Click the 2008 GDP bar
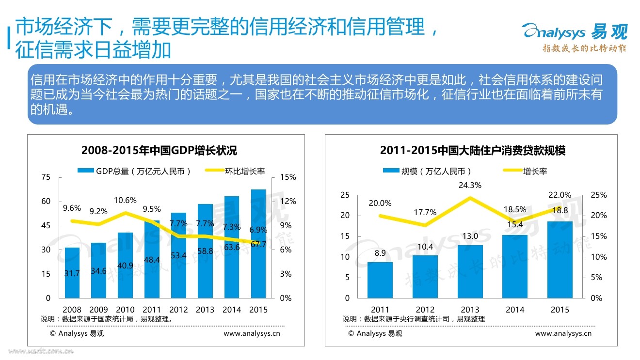72,273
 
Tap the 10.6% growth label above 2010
125,200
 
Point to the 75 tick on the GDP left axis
46,177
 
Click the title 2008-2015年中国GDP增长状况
160,150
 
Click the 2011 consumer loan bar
380,280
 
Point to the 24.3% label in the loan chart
470,185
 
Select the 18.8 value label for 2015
561,211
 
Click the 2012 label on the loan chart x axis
425,310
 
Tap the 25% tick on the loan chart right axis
599,195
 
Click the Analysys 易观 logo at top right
575,36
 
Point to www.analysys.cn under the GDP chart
252,333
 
